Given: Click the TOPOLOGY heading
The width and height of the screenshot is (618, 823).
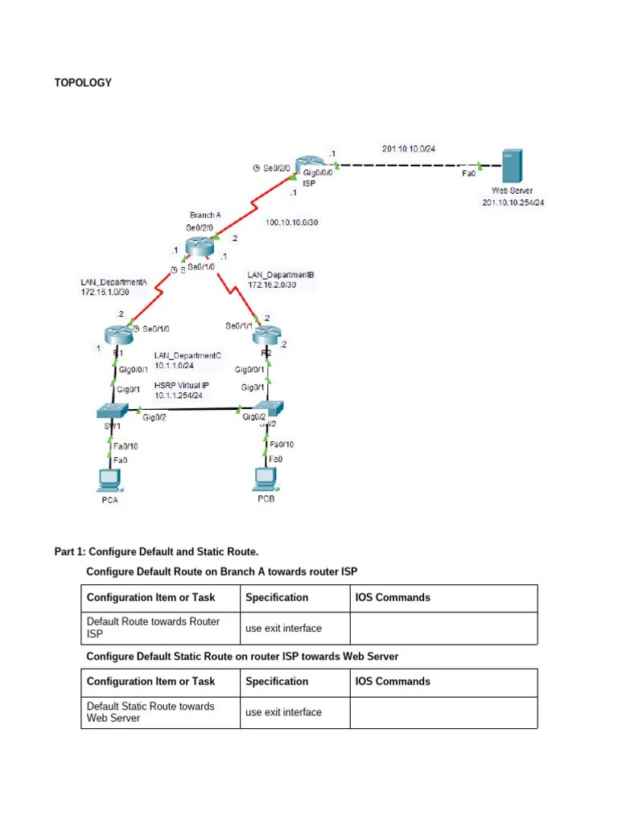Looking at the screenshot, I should [83, 83].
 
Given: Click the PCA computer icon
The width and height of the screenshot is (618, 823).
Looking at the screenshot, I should [107, 480].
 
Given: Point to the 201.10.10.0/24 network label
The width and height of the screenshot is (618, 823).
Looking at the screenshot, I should [414, 149].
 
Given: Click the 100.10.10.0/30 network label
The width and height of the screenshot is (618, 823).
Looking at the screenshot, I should [292, 223].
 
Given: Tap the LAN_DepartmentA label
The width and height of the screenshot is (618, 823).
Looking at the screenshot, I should [114, 282].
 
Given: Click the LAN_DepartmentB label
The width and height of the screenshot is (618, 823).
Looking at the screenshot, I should [281, 275].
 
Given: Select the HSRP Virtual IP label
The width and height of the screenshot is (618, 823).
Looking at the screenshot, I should [182, 386].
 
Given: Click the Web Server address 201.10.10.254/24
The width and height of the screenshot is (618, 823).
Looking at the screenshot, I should [513, 203].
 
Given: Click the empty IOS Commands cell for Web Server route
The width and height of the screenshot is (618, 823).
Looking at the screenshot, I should [443, 712].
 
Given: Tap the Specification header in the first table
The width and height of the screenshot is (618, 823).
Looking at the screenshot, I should [277, 598].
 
